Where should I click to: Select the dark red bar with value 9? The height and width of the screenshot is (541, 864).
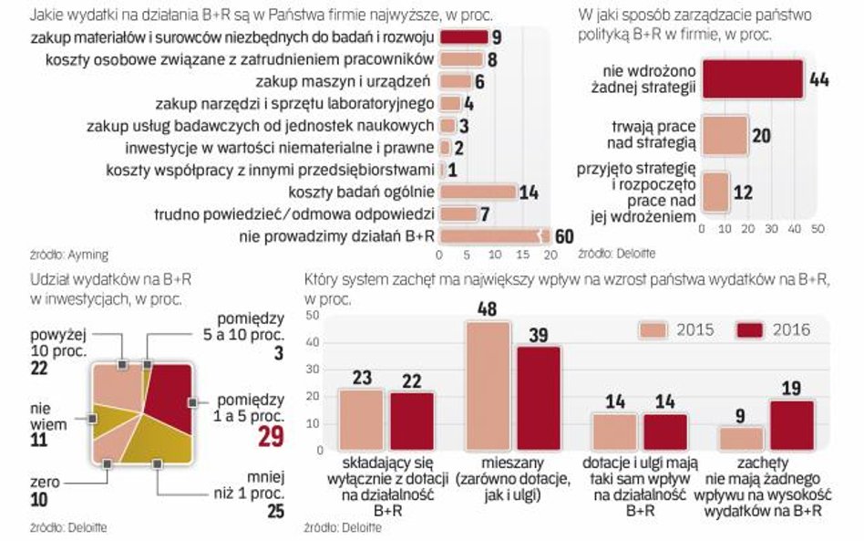tap(463, 37)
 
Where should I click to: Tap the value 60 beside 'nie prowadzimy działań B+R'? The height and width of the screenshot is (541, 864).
tap(563, 236)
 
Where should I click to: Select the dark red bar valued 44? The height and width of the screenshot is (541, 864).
tap(751, 79)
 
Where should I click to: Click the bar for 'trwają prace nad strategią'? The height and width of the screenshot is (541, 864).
tap(725, 136)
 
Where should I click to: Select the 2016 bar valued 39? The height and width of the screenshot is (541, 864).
tap(539, 398)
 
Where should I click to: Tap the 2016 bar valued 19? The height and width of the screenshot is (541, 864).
tap(792, 425)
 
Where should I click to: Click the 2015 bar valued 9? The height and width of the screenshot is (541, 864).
tap(741, 438)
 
